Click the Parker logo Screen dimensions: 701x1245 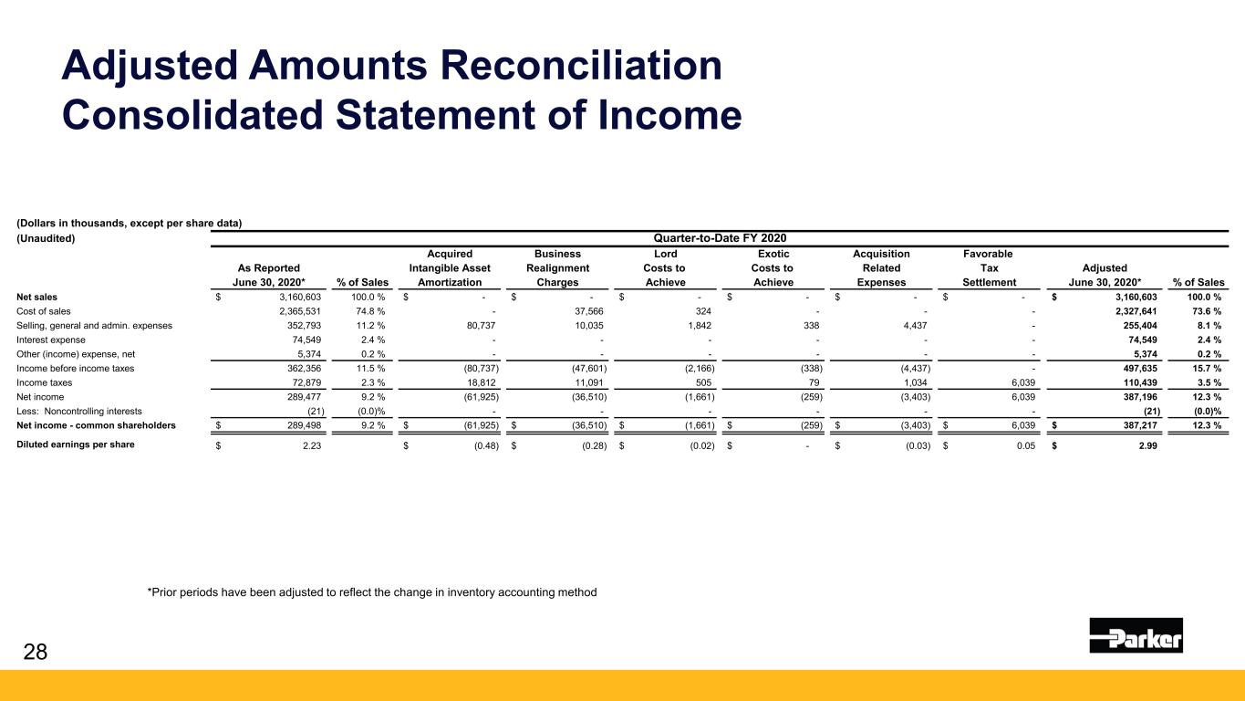pos(1136,635)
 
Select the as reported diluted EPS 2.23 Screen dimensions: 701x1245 pos(311,446)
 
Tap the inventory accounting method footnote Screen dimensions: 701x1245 pos(372,592)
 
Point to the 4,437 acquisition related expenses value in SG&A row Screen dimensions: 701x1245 pos(915,326)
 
